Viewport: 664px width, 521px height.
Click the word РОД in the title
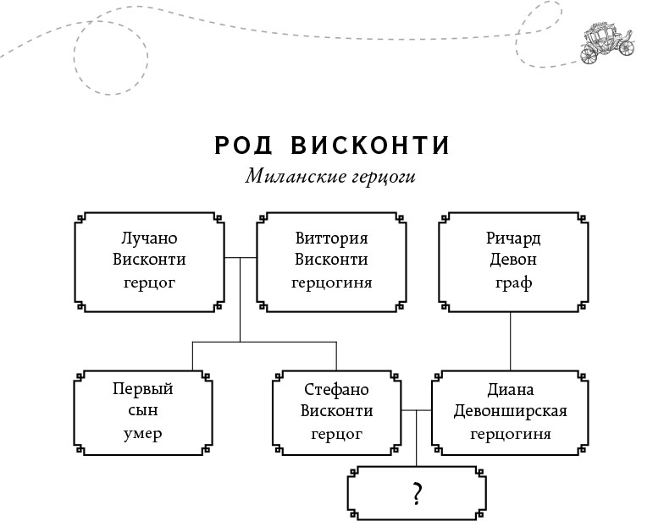(x=244, y=146)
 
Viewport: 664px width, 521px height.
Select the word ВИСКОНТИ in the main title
(x=370, y=146)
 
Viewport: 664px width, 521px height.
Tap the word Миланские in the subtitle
(x=290, y=178)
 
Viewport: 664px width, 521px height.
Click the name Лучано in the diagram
(x=149, y=238)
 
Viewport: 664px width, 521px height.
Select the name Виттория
(x=332, y=238)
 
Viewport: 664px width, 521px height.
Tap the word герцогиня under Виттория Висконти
(x=332, y=282)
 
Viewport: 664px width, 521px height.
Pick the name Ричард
(x=513, y=238)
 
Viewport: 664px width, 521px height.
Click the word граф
(x=513, y=282)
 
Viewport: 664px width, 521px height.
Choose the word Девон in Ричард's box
(x=513, y=260)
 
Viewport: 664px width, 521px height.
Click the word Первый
(x=142, y=389)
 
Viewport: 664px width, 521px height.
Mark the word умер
(x=142, y=434)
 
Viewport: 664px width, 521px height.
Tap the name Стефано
(x=336, y=389)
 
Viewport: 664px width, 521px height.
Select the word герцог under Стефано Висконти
(x=336, y=434)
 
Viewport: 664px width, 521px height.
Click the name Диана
(x=510, y=389)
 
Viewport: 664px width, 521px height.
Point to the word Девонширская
(x=510, y=412)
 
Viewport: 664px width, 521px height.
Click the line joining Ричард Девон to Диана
(x=510, y=342)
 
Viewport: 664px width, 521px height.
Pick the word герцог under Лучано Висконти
(x=149, y=282)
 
